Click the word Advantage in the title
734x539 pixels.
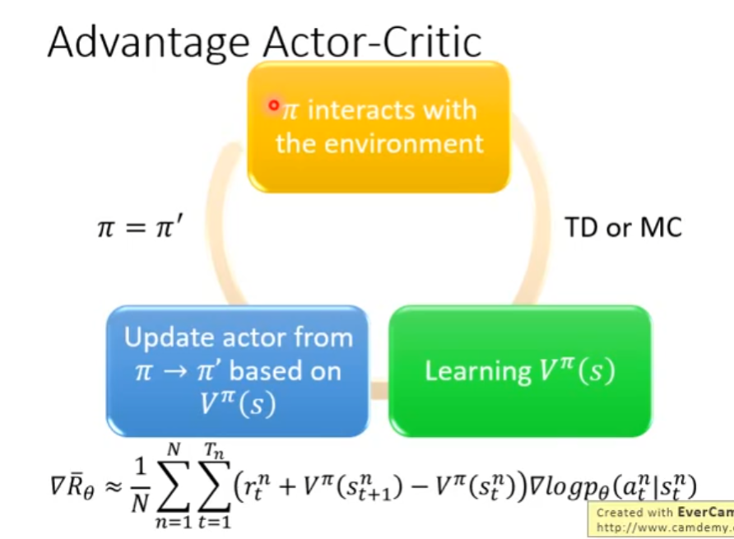tap(149, 43)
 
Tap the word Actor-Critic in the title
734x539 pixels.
tap(373, 41)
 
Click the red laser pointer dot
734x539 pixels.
tap(274, 105)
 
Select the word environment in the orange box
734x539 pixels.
tap(403, 143)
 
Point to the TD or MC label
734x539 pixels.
tap(623, 228)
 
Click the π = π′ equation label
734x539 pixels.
tap(140, 228)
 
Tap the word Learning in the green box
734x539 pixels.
tap(478, 371)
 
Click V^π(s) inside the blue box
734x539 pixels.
tap(237, 403)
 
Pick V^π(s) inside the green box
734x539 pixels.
tap(577, 370)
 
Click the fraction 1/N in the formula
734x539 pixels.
tap(140, 485)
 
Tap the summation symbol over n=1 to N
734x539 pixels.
tap(174, 486)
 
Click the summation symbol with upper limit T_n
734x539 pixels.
tap(214, 486)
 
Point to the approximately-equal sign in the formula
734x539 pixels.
tap(113, 487)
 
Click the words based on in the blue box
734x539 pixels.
tap(285, 371)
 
